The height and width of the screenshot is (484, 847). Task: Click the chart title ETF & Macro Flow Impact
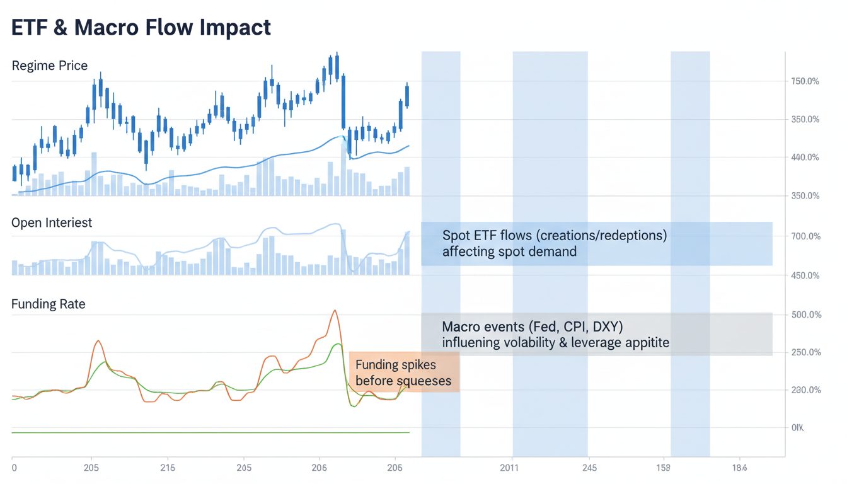click(x=141, y=27)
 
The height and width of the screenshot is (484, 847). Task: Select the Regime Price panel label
click(x=50, y=66)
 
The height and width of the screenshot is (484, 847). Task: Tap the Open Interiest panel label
click(x=52, y=222)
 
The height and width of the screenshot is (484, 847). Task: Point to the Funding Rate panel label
click(x=49, y=304)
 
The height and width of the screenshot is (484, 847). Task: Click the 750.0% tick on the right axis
click(x=804, y=81)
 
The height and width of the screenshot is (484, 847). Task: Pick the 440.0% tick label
click(x=804, y=158)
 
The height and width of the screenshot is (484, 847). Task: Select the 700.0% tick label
click(x=804, y=236)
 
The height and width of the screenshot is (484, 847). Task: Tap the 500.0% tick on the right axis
click(x=804, y=314)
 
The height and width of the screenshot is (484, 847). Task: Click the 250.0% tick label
click(x=804, y=352)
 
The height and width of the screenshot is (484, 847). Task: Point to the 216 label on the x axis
click(x=168, y=468)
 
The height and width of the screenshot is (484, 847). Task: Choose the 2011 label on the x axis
click(x=509, y=468)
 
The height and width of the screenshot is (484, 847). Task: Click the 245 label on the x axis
click(x=590, y=468)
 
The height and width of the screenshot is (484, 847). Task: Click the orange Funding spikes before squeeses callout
click(x=404, y=372)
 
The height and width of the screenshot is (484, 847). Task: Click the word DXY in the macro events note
click(x=606, y=327)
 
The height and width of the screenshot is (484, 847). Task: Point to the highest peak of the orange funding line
click(x=335, y=310)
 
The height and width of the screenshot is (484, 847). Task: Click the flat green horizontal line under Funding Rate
click(x=210, y=432)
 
